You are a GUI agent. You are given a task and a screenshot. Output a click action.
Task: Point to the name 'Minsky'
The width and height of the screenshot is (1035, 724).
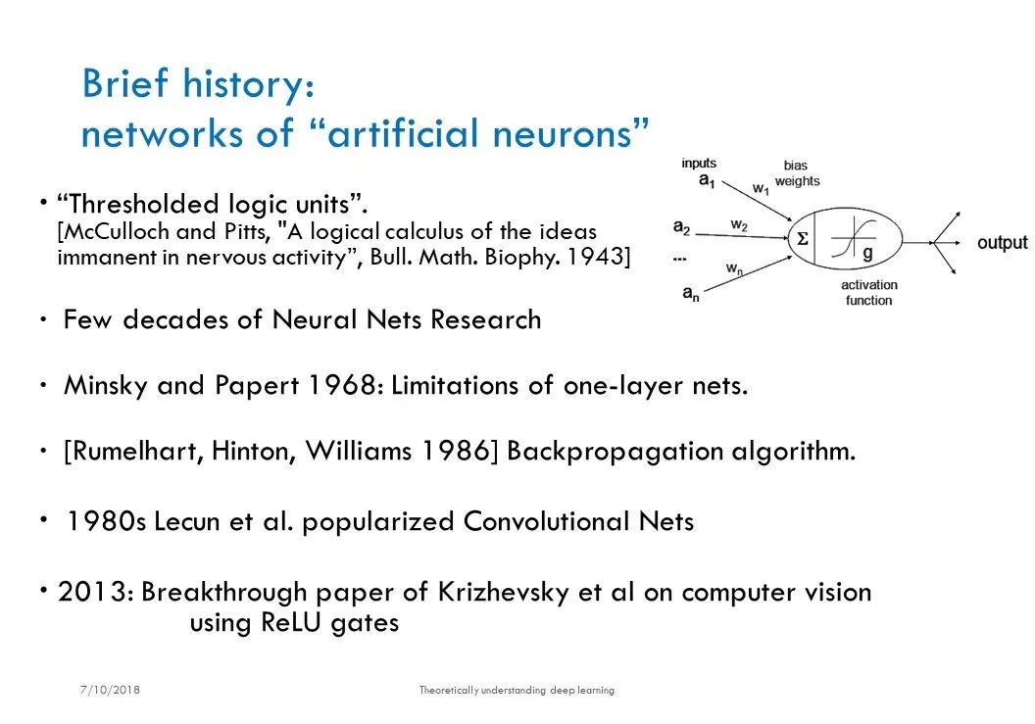coord(107,385)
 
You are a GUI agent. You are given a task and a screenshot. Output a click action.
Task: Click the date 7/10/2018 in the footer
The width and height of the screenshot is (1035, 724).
coord(111,690)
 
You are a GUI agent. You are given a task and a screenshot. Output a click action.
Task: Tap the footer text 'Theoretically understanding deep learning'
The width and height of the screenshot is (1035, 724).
coord(517,690)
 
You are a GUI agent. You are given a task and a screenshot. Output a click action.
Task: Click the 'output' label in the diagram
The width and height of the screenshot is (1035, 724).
coord(1002,243)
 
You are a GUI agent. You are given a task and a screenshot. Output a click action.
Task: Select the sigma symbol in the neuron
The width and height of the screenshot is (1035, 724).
coord(802,239)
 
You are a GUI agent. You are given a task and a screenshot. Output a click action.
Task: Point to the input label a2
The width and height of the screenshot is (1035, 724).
coord(681,228)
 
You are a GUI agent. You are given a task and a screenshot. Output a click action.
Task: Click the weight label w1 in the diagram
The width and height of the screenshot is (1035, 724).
coord(761,188)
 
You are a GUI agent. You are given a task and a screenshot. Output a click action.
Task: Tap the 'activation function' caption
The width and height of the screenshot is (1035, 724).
coord(868,293)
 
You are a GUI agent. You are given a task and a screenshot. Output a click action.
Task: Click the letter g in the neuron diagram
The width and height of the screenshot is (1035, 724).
coord(867,254)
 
